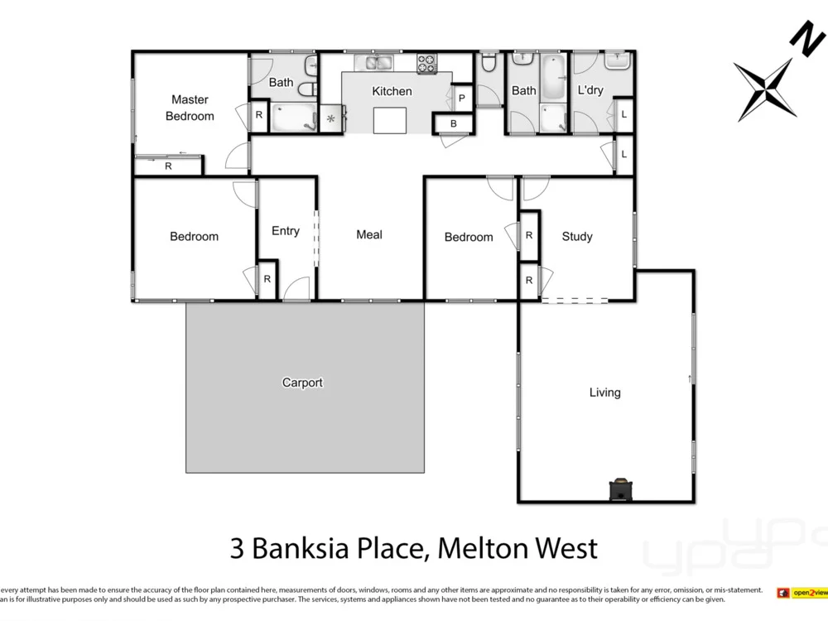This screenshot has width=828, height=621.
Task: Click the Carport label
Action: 302,383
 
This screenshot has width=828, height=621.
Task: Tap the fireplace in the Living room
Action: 619,490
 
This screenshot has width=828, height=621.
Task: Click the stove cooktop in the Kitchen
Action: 426,62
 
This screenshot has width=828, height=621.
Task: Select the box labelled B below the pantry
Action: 454,123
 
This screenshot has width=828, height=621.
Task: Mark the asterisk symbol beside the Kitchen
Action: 331,118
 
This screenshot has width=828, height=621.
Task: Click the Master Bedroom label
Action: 190,108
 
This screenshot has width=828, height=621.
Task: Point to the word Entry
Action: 286,230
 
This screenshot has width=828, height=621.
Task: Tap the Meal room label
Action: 369,234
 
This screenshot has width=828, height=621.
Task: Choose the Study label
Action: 577,236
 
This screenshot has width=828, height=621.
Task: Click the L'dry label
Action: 590,90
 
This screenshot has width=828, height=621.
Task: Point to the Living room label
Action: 604,392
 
